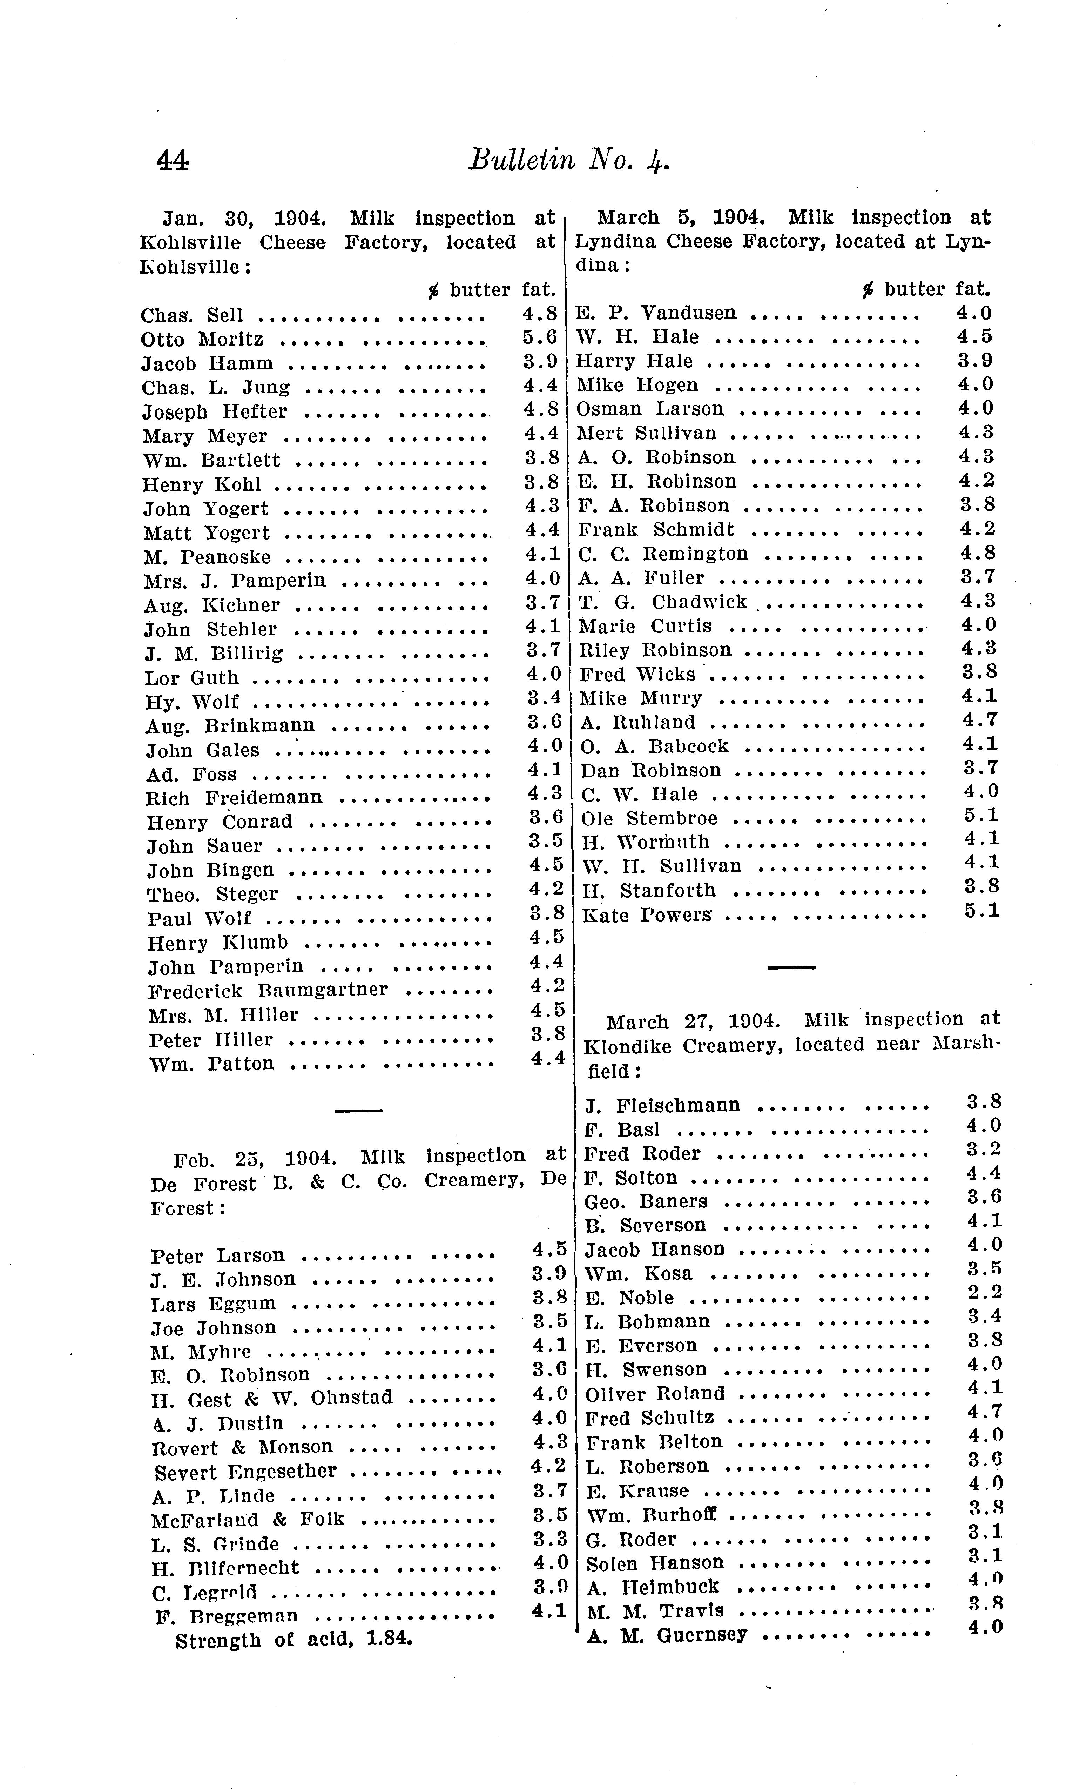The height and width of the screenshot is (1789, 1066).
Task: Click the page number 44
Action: [173, 160]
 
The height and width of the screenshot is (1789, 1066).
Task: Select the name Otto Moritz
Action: [202, 340]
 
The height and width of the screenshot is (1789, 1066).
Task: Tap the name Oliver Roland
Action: [654, 1395]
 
